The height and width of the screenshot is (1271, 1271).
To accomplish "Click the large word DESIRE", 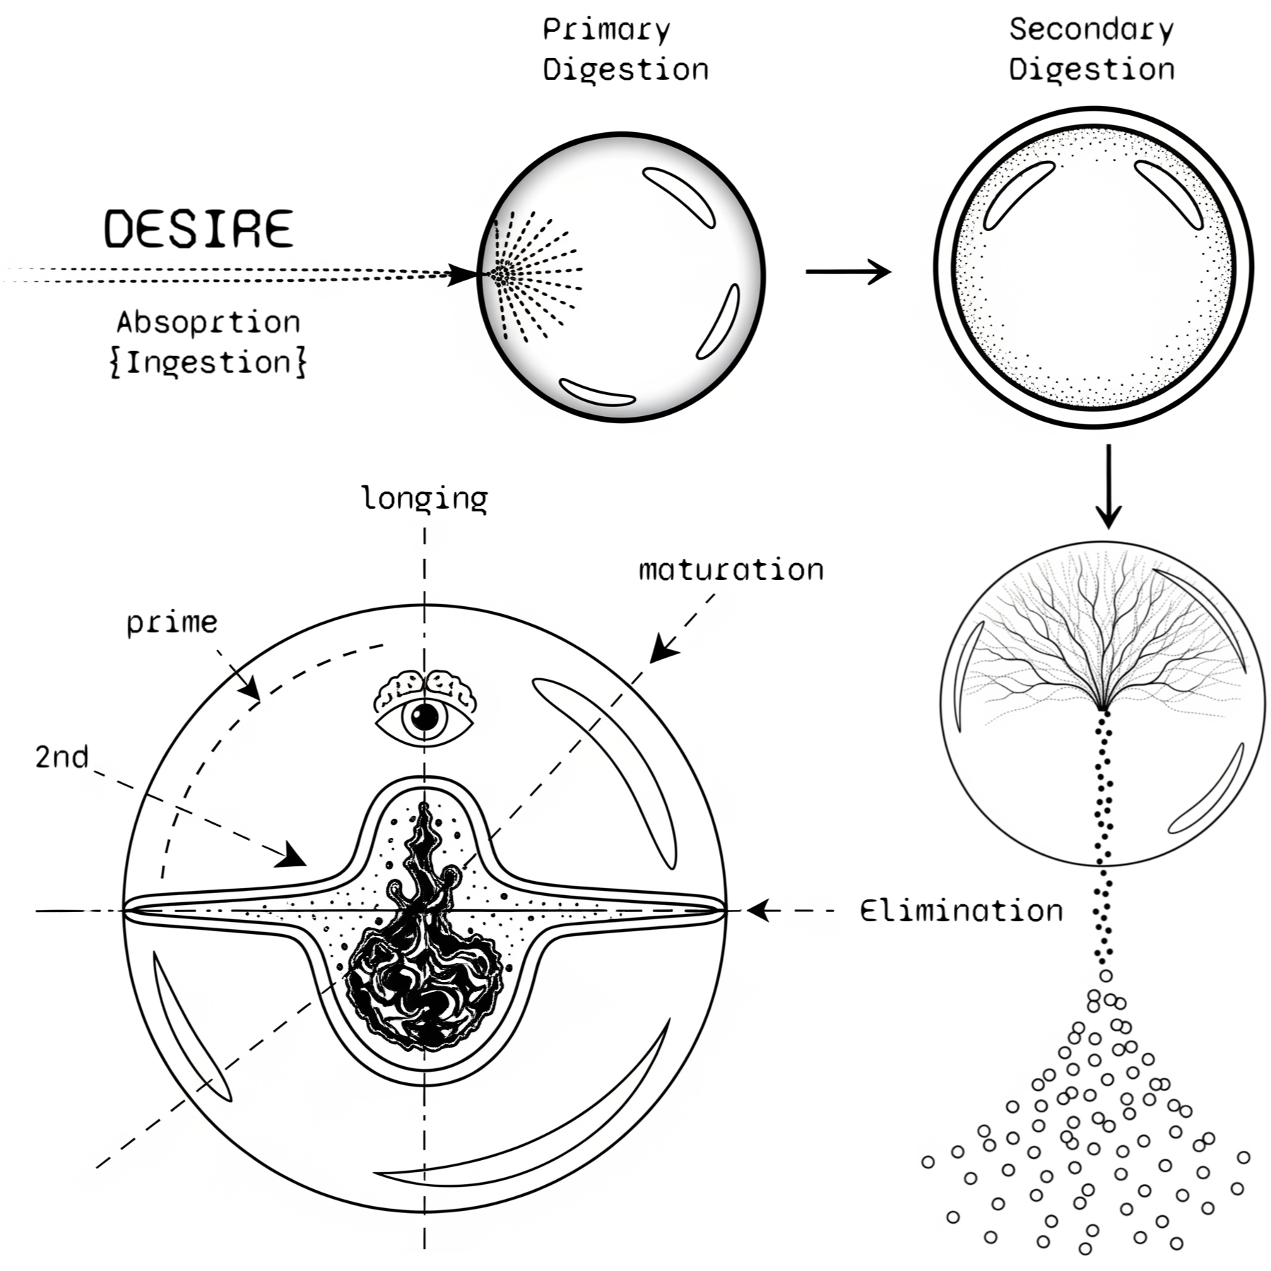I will click(199, 228).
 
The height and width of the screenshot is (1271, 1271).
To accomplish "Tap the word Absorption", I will click(208, 322).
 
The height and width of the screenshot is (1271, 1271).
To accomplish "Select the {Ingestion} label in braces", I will click(208, 362).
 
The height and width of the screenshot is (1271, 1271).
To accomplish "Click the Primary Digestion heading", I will click(625, 49).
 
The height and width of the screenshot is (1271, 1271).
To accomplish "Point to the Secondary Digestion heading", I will click(1091, 49).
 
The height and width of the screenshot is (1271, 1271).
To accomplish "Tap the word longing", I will click(424, 499).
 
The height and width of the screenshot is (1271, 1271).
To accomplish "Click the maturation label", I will click(731, 569).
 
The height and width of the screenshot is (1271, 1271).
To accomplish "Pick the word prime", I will click(172, 623).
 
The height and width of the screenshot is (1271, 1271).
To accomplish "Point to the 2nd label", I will click(62, 757).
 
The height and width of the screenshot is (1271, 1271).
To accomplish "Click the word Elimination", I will click(961, 911).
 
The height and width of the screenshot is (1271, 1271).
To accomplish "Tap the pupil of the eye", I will click(425, 718).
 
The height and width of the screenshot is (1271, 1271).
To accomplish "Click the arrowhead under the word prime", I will click(251, 690).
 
